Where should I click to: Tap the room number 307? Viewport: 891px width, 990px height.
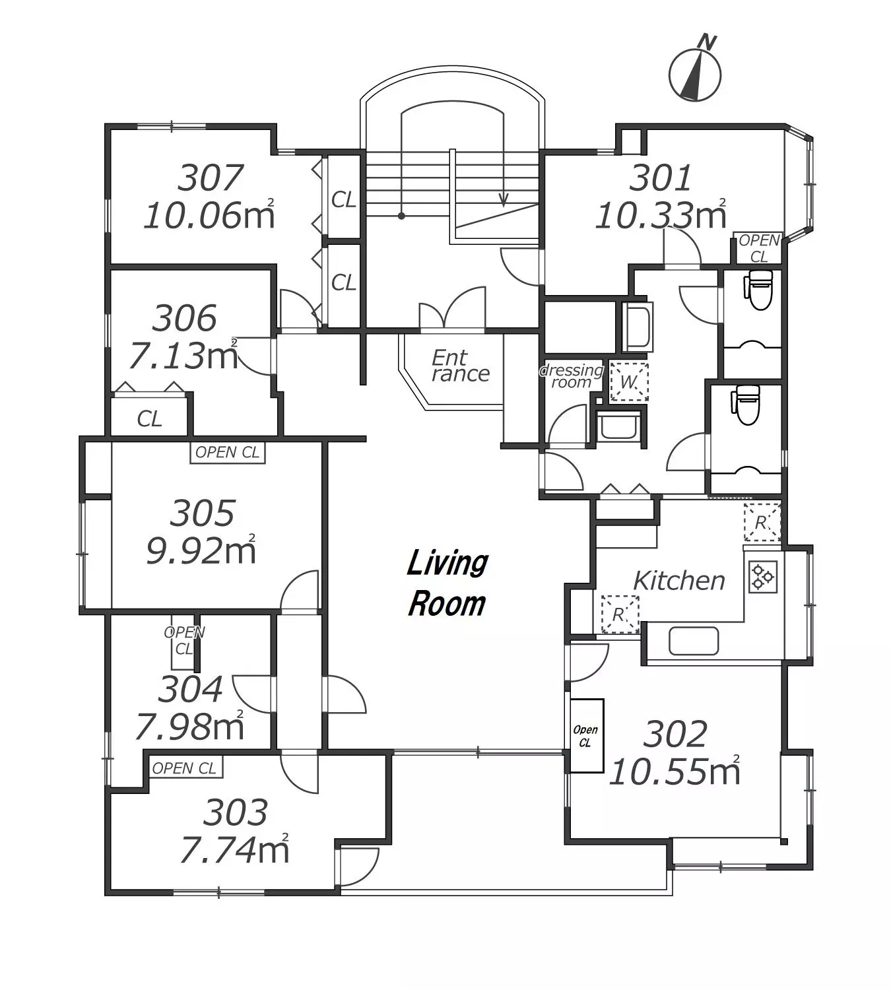[x=211, y=178]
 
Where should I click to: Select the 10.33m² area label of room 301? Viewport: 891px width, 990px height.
[x=661, y=215]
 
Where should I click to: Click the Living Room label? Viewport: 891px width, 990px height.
[x=447, y=583]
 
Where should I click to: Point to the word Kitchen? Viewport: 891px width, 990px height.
[x=679, y=581]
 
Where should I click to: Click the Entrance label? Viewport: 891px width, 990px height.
[x=460, y=366]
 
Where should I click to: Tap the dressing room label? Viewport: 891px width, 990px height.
[x=571, y=376]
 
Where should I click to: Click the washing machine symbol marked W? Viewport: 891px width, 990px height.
[x=629, y=381]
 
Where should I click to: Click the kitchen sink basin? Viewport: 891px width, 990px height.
[x=694, y=641]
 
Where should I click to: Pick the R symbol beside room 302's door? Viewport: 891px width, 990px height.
[x=620, y=614]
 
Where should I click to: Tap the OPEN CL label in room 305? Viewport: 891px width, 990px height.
[x=228, y=453]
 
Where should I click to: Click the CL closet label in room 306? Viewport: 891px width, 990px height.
[x=149, y=419]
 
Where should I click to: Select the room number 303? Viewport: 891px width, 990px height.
[x=236, y=812]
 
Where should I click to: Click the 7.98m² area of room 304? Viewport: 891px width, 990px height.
[x=189, y=727]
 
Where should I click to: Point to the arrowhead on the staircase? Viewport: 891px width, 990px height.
[x=504, y=201]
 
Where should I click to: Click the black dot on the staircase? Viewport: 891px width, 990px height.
[x=401, y=216]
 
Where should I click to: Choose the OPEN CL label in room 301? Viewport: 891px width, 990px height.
[x=759, y=249]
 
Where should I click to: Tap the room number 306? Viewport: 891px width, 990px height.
[x=185, y=318]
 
